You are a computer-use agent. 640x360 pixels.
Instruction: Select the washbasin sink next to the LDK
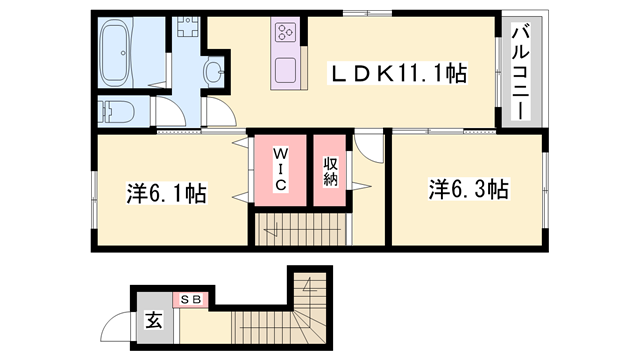coord(216,72)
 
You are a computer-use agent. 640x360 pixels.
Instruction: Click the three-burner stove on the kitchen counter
coord(285,33)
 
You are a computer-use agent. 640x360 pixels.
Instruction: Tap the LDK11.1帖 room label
coord(400,73)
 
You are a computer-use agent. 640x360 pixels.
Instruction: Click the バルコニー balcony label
coord(521,72)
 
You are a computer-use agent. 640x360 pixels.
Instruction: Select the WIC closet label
coord(281,170)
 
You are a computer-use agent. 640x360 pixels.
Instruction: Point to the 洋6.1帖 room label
coord(166,193)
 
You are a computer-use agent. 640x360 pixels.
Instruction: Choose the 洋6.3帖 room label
coord(469,189)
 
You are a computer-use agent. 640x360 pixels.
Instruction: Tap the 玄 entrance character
coord(155,322)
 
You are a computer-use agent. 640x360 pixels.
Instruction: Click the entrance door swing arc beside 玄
coord(119,325)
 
